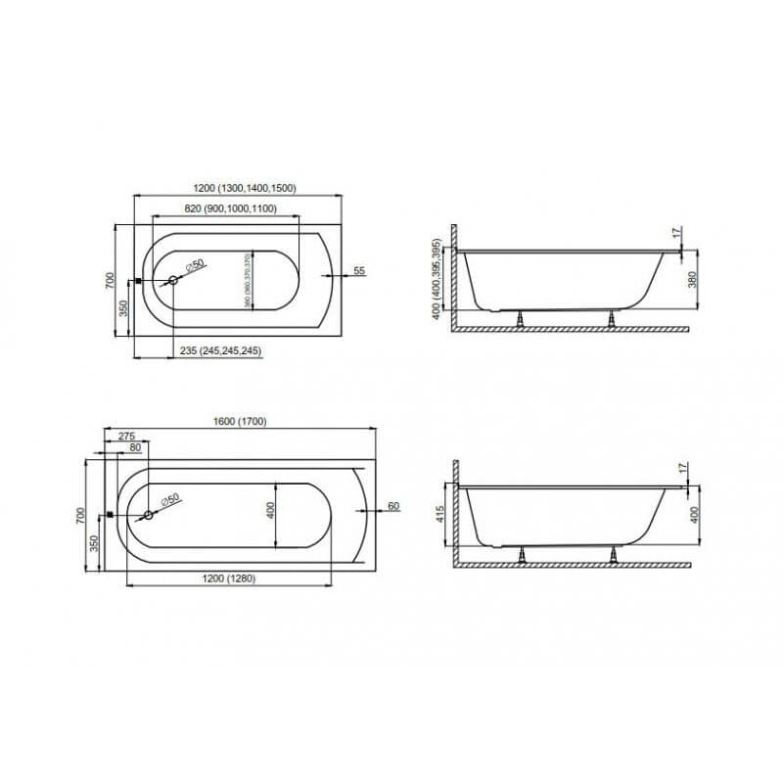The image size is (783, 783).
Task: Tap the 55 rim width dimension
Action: [x=358, y=270]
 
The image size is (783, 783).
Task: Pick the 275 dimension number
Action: [x=125, y=436]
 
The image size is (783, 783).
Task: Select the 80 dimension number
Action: [x=134, y=448]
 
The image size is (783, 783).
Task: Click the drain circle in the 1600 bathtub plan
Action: [x=150, y=515]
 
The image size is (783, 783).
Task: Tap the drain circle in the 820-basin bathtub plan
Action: [x=173, y=281]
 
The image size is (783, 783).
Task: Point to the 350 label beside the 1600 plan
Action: [x=95, y=543]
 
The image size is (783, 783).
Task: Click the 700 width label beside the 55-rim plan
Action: [x=111, y=280]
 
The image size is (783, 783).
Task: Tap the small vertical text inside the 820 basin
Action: [x=250, y=280]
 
